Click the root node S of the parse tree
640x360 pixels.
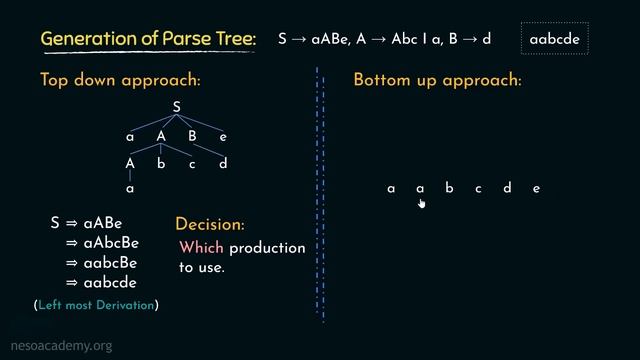[176, 107]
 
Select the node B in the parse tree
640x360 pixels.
[192, 137]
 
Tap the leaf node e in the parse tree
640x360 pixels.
[223, 137]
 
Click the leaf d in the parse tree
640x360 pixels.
[223, 164]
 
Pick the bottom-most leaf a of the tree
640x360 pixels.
[130, 187]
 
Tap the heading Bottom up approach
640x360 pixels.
[437, 80]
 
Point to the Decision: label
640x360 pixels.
[209, 225]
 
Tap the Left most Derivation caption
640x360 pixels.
[96, 304]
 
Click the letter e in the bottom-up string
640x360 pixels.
[537, 188]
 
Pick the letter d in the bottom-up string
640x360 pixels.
[507, 188]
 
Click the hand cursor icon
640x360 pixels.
[421, 203]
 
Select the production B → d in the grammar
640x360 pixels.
[472, 40]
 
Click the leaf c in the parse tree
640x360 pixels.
[192, 164]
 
